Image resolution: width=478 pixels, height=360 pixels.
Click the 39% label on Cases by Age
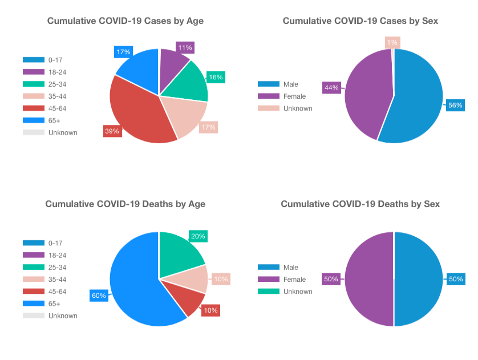pyautogui.click(x=112, y=131)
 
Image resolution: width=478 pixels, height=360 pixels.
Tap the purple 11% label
pyautogui.click(x=185, y=47)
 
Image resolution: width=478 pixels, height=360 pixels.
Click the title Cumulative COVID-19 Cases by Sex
pyautogui.click(x=360, y=21)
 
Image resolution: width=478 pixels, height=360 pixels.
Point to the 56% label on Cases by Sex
pyautogui.click(x=455, y=106)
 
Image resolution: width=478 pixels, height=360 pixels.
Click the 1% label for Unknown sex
pyautogui.click(x=392, y=42)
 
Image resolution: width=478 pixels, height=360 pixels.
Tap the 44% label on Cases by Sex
pyautogui.click(x=331, y=87)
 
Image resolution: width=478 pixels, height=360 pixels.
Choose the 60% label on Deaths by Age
pyautogui.click(x=99, y=296)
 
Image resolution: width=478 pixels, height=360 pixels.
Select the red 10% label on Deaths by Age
pyautogui.click(x=211, y=310)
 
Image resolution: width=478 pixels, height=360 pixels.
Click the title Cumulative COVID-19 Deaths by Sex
pyautogui.click(x=360, y=204)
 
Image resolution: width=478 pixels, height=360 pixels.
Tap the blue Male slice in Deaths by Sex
pyautogui.click(x=419, y=280)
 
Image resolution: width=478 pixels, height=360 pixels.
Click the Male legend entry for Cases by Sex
pyautogui.click(x=283, y=84)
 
